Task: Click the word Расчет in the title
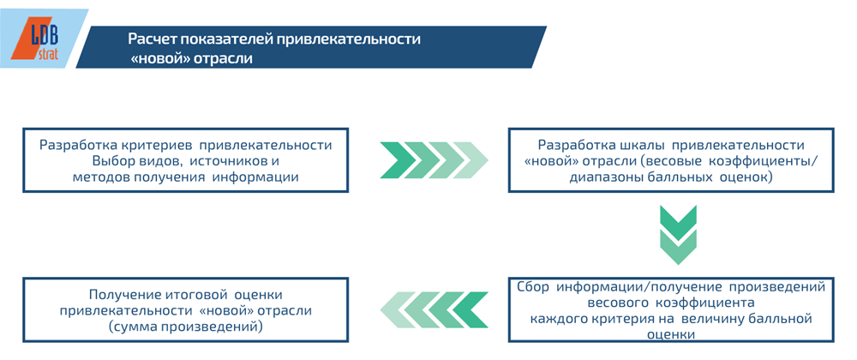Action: tap(152, 39)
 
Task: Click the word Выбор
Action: tap(113, 161)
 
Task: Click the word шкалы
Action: tap(640, 145)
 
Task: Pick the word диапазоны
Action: tap(605, 177)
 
